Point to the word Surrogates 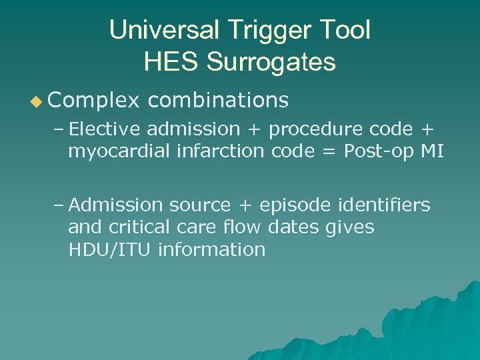(x=271, y=62)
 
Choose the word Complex (x=94, y=100)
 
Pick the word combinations (x=218, y=100)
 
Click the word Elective (x=108, y=129)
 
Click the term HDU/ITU (x=110, y=250)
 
